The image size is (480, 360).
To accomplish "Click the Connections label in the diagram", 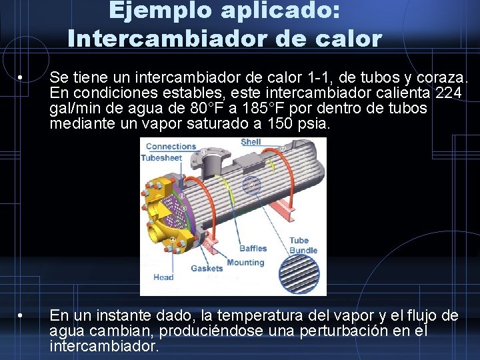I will [x=171, y=147].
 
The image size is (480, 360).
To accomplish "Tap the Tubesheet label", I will [x=161, y=158].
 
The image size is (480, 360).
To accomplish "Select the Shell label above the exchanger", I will [x=251, y=141].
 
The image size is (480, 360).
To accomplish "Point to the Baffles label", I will [x=253, y=249].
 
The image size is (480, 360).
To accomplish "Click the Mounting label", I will [x=245, y=262].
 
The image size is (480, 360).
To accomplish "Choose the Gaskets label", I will [x=207, y=268].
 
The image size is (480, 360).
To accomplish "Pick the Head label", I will [x=163, y=277].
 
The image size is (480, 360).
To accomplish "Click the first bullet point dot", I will [x=22, y=78].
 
